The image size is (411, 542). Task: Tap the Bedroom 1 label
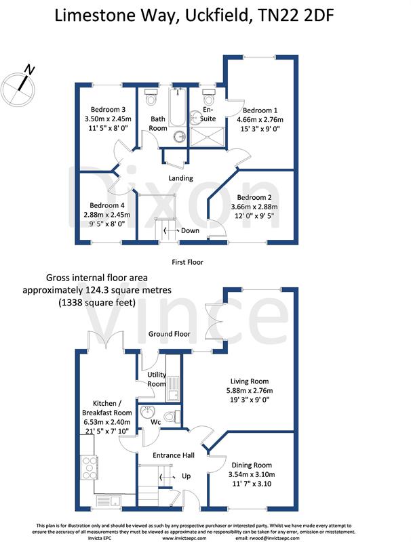tap(260, 110)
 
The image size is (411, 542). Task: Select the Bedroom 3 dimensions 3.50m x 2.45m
tap(107, 119)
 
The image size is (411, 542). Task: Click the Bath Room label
tap(158, 123)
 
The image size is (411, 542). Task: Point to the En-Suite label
tap(208, 114)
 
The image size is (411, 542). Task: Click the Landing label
tap(181, 178)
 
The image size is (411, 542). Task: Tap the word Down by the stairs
tap(189, 230)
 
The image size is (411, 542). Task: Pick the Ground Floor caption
tap(170, 334)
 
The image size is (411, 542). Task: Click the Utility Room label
tap(157, 379)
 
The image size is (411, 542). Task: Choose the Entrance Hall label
tap(173, 455)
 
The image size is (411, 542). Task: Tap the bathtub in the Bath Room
tap(178, 108)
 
